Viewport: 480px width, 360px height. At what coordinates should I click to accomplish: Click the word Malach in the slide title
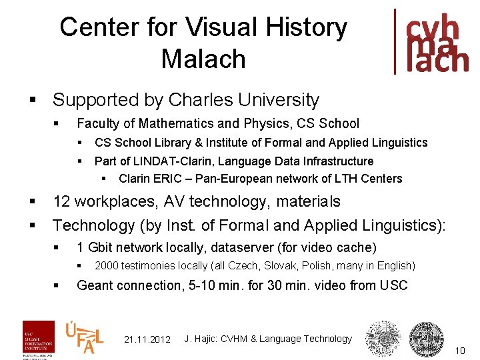[203, 59]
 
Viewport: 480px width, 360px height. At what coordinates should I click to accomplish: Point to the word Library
[172, 143]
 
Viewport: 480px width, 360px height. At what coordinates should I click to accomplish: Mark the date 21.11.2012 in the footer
[147, 339]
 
